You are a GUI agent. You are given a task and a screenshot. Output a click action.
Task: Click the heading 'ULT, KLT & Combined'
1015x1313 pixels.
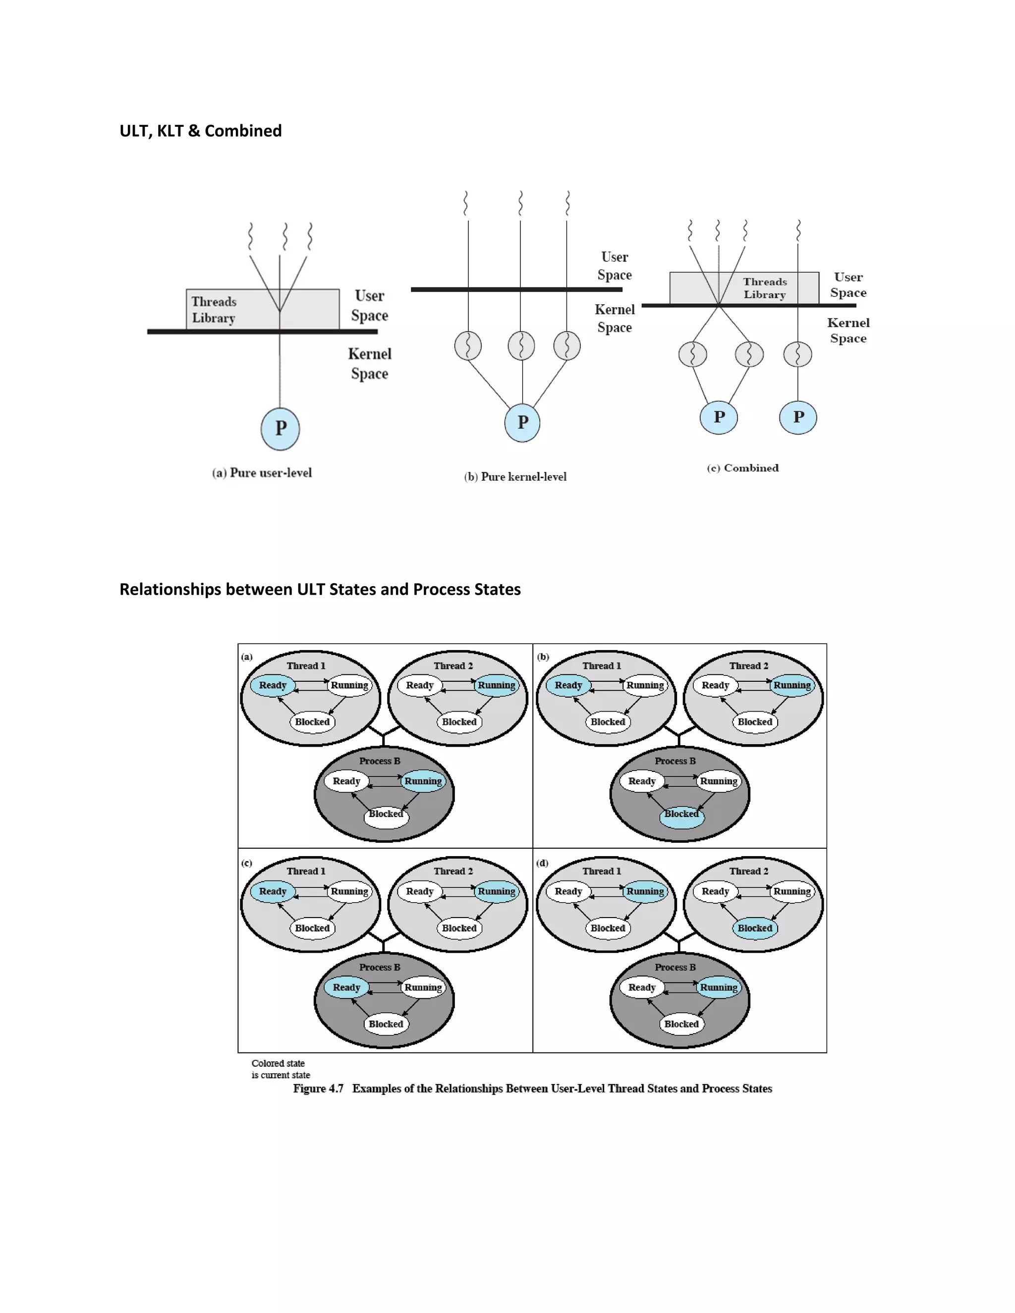pyautogui.click(x=200, y=131)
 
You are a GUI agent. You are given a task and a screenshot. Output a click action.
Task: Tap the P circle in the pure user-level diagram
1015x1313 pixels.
pyautogui.click(x=280, y=429)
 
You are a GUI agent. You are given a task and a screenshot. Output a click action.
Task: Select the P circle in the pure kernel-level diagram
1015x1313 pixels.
pyautogui.click(x=522, y=423)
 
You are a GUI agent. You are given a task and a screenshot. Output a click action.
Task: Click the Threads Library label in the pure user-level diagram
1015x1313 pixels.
pyautogui.click(x=214, y=310)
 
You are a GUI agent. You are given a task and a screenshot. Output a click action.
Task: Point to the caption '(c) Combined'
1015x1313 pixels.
pyautogui.click(x=742, y=468)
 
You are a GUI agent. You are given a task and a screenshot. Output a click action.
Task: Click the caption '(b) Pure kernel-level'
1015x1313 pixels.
pyautogui.click(x=515, y=477)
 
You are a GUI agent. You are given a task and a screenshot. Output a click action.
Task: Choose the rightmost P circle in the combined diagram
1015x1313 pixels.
pyautogui.click(x=798, y=417)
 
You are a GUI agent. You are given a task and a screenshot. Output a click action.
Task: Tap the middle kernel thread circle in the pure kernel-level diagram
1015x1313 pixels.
pyautogui.click(x=521, y=346)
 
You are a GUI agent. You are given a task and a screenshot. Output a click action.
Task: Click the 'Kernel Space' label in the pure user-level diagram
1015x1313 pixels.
pyautogui.click(x=369, y=364)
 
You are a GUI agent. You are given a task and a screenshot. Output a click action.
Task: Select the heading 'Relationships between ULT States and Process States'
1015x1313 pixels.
pyautogui.click(x=320, y=589)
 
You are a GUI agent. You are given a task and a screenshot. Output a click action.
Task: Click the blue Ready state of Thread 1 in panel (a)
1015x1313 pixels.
pyautogui.click(x=273, y=685)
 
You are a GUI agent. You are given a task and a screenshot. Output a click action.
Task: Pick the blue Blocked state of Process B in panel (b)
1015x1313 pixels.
pyautogui.click(x=681, y=815)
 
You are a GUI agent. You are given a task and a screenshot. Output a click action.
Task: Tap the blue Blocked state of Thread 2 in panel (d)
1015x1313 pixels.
pyautogui.click(x=755, y=928)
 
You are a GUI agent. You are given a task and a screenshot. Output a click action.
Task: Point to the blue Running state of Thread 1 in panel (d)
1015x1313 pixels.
pyautogui.click(x=645, y=891)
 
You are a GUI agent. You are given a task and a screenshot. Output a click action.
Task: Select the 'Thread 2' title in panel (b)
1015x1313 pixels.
pyautogui.click(x=749, y=665)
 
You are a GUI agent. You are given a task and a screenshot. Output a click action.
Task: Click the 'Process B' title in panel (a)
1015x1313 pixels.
pyautogui.click(x=380, y=761)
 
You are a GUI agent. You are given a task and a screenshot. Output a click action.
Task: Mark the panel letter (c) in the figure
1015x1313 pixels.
pyautogui.click(x=246, y=863)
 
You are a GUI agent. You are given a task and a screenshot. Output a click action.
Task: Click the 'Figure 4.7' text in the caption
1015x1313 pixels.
pyautogui.click(x=318, y=1089)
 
